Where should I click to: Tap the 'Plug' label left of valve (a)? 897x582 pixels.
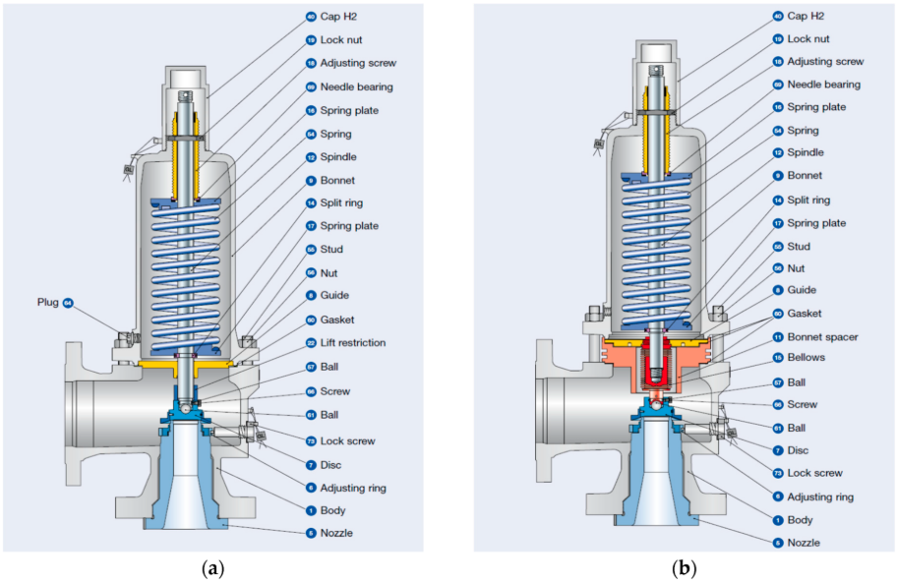pyautogui.click(x=47, y=303)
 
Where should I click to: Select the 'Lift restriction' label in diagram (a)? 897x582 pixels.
pyautogui.click(x=352, y=343)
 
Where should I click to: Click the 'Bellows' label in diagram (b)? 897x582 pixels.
pyautogui.click(x=806, y=359)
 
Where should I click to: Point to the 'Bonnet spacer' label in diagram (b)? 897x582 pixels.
pyautogui.click(x=822, y=336)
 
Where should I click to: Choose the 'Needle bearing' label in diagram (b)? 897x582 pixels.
pyautogui.click(x=823, y=85)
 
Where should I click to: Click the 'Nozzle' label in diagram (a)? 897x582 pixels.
pyautogui.click(x=335, y=533)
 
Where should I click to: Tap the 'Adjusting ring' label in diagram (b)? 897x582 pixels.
pyautogui.click(x=820, y=496)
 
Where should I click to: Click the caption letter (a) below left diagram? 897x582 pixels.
pyautogui.click(x=210, y=567)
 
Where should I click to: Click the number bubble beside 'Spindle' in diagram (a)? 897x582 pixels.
pyautogui.click(x=310, y=157)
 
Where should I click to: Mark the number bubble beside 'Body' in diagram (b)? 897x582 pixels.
pyautogui.click(x=777, y=520)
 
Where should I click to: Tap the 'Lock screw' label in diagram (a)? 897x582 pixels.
pyautogui.click(x=347, y=440)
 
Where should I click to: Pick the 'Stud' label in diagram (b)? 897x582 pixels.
pyautogui.click(x=798, y=247)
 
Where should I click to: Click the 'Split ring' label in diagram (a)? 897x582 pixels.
pyautogui.click(x=341, y=204)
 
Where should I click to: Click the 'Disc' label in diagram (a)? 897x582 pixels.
pyautogui.click(x=330, y=464)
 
